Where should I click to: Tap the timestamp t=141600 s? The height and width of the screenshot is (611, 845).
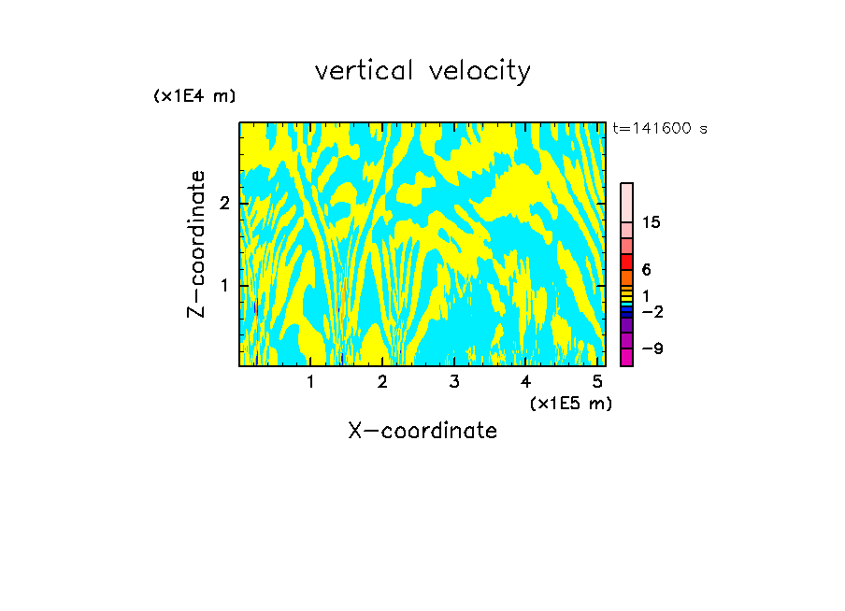point(660,129)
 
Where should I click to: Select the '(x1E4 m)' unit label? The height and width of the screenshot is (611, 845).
point(194,96)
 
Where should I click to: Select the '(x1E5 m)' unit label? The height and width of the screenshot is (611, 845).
point(570,403)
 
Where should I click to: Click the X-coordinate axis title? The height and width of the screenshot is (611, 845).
point(422,431)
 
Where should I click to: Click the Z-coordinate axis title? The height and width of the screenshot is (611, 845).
point(196,244)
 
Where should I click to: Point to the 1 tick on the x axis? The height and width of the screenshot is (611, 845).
point(310,381)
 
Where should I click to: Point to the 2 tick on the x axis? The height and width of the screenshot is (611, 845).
point(382,381)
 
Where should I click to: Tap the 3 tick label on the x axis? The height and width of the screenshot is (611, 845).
point(453,381)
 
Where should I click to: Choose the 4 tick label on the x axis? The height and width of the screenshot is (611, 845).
point(525,381)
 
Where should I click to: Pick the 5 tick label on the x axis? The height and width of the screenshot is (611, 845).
point(596,381)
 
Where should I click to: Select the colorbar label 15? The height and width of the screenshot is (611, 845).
point(652,222)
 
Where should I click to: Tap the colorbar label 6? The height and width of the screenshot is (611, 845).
point(646,269)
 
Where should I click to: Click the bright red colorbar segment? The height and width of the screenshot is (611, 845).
point(627,262)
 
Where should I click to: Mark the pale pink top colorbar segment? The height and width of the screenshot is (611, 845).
point(627,202)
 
